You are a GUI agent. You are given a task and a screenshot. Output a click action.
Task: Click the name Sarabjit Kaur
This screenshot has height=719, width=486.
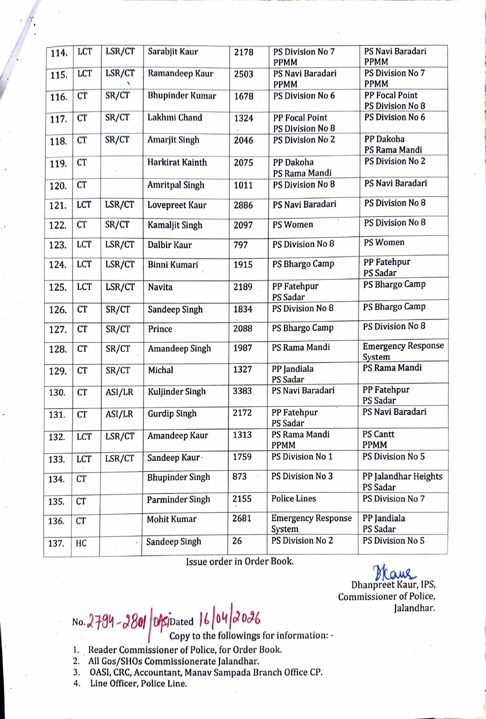173,52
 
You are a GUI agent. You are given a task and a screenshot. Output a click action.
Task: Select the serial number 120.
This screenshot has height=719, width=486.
58,186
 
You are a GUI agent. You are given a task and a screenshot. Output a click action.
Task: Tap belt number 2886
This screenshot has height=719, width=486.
243,205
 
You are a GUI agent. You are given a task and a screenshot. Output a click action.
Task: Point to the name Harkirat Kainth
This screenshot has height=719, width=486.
177,162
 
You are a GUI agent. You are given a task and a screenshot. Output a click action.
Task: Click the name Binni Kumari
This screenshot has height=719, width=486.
173,265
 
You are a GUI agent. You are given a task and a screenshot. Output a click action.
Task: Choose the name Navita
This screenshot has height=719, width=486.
160,287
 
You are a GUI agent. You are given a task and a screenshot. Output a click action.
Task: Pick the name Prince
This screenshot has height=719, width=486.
160,329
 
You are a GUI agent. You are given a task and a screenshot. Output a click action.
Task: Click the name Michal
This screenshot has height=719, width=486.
161,370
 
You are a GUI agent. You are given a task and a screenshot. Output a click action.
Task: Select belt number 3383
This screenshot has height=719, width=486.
242,391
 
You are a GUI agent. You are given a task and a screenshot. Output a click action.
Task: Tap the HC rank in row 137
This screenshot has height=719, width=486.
81,543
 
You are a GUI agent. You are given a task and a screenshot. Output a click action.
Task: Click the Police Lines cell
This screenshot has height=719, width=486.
293,499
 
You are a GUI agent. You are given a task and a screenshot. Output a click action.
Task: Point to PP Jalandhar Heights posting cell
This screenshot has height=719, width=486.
402,481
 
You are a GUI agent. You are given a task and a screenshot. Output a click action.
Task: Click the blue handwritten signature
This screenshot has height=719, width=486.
394,572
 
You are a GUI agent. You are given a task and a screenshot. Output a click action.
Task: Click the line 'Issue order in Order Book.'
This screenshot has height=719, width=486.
240,561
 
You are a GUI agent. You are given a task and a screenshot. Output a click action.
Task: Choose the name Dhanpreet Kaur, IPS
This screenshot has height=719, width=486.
393,585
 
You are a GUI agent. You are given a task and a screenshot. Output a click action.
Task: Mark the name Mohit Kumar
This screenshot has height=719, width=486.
172,519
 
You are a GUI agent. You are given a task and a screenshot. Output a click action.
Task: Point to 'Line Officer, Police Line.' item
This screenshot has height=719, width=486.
138,683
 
